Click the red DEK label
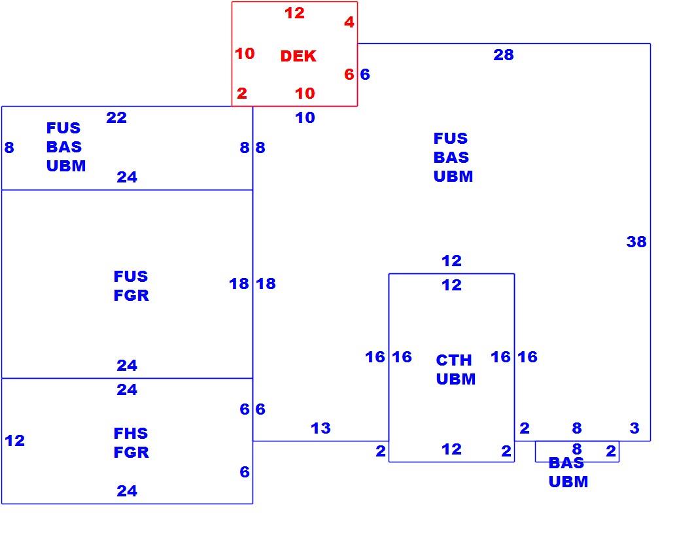pos(298,56)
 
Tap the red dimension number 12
pos(294,13)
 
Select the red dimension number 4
pos(349,22)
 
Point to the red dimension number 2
pos(242,94)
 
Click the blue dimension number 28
pos(504,55)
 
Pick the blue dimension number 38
pos(636,242)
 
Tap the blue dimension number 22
pos(116,117)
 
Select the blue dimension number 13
pos(321,428)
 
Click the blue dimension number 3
pos(634,428)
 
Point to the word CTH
pos(454,360)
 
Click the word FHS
pos(131,434)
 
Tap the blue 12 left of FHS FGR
pos(14,441)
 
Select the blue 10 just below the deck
pos(305,117)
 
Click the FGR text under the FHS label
pos(131,453)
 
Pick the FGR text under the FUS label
pos(131,295)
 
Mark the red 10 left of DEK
pos(245,54)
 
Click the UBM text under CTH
pos(456,379)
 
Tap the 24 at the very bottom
pos(127,490)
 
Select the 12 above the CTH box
pos(451,261)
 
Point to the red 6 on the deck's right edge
pos(349,75)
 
